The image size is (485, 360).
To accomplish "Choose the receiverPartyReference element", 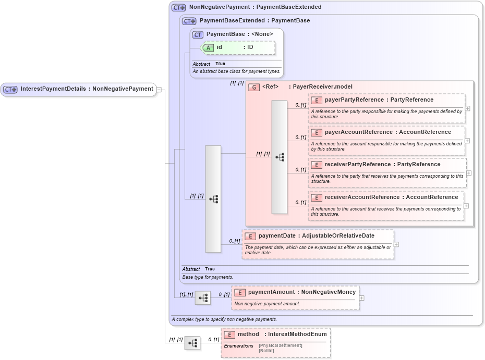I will pos(382,165).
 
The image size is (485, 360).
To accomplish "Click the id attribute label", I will pos(220,47).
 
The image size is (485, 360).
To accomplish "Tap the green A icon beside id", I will pos(208,47).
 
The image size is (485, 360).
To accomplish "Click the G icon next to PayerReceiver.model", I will pos(253,87).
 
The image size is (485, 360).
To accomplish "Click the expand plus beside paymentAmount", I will pos(361,298).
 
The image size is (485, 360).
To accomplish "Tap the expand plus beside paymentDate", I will pos(396,244).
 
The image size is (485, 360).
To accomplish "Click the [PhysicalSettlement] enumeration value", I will pos(280,345).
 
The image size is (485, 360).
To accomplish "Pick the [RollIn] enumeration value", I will pos(266,351).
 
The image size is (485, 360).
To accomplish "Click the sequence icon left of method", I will pos(192,343).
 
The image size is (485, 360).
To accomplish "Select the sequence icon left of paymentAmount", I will pos(203,298).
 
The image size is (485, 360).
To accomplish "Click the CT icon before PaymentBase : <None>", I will pos(198,34).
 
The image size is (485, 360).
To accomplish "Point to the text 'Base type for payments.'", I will pos(208,277).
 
